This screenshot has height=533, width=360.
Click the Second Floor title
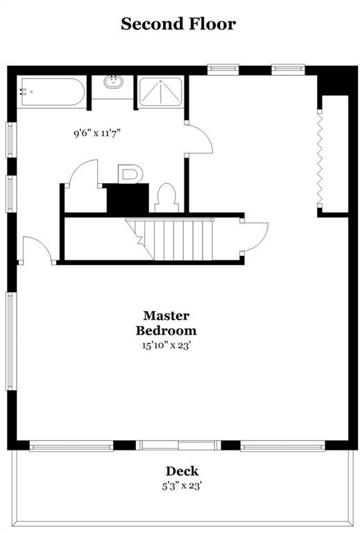pyautogui.click(x=178, y=24)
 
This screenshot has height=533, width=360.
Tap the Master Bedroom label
pyautogui.click(x=166, y=323)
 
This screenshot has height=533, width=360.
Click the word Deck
pyautogui.click(x=182, y=471)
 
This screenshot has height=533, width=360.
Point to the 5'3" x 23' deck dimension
pyautogui.click(x=182, y=486)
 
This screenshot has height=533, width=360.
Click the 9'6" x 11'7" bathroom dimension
pyautogui.click(x=98, y=133)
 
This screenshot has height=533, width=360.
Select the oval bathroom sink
pyautogui.click(x=113, y=82)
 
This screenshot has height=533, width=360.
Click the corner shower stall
pyautogui.click(x=161, y=92)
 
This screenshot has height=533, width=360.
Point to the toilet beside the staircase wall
pyautogui.click(x=166, y=198)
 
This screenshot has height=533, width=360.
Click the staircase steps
pyautogui.click(x=170, y=239)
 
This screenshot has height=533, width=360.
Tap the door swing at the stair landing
pyautogui.click(x=254, y=237)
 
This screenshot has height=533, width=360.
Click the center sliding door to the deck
pyautogui.click(x=178, y=445)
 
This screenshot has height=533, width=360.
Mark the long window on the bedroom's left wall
pyautogui.click(x=10, y=341)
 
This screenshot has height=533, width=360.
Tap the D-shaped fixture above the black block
pyautogui.click(x=129, y=174)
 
